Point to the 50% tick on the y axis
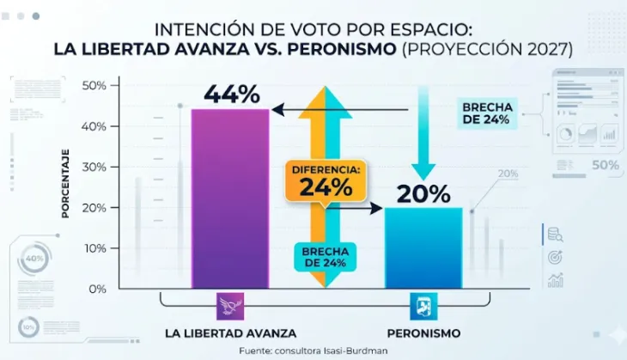(94, 85)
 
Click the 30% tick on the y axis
(94, 167)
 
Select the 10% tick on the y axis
(94, 248)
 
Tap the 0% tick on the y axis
(96, 289)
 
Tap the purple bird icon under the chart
(229, 306)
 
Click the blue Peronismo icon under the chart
(423, 306)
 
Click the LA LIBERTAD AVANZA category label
(229, 333)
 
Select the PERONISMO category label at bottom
(423, 333)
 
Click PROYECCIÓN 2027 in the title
(487, 49)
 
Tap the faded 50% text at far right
(604, 165)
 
